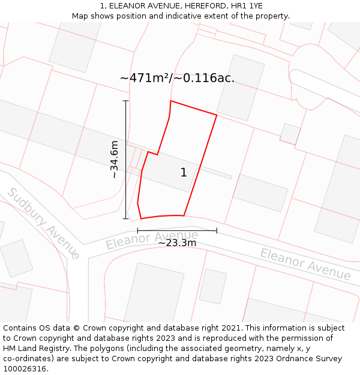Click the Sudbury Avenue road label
pos(43,223)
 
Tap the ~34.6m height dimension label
pos(114,160)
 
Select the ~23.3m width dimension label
pos(177,243)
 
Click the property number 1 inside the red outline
pos(184,173)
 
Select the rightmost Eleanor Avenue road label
pos(305,264)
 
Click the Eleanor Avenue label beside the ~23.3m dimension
pos(152,239)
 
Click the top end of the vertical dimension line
pos(126,101)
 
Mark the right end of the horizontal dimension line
pos(217,230)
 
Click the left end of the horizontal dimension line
pos(137,230)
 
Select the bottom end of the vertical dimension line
pos(126,218)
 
